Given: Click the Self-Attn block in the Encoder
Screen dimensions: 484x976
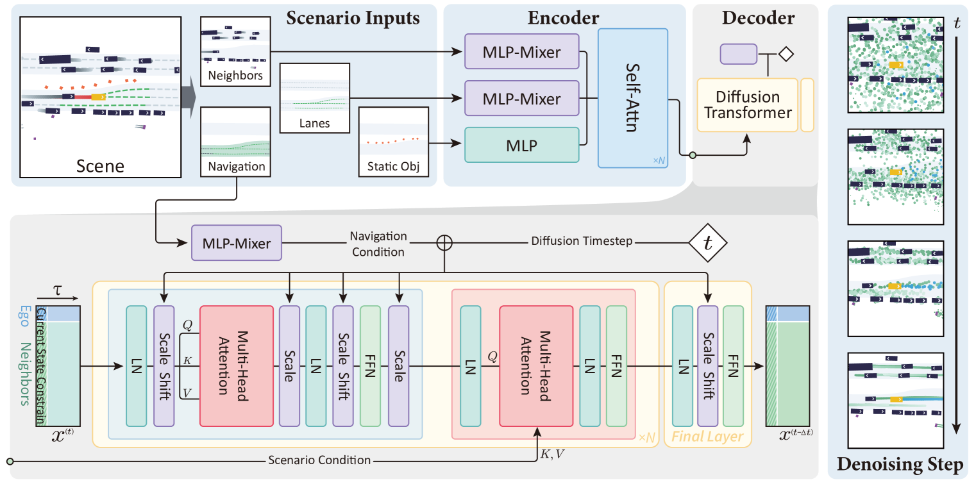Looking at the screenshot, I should [x=633, y=98].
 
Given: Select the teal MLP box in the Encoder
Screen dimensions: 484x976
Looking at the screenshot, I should [x=521, y=146].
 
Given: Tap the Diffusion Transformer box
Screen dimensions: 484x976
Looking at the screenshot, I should [x=747, y=105].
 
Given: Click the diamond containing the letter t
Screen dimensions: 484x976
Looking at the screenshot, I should [x=707, y=243].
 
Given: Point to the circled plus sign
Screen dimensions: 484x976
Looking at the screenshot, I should [x=444, y=242].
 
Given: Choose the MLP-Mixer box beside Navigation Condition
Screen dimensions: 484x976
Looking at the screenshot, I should [x=237, y=243].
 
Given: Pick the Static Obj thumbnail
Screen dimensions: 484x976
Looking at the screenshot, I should [x=393, y=142].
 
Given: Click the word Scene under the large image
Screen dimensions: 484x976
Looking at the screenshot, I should [x=101, y=167].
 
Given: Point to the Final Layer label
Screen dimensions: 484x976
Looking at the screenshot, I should [x=707, y=437].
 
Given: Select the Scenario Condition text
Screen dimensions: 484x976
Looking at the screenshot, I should [x=319, y=460].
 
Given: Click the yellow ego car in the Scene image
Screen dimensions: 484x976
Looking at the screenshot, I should [x=98, y=96].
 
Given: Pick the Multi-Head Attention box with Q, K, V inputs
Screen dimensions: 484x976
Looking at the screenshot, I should [x=233, y=365].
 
